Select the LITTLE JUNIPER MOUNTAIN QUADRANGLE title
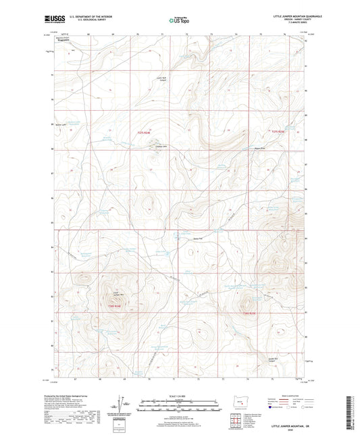pyautogui.click(x=283, y=16)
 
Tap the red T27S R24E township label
pyautogui.click(x=140, y=132)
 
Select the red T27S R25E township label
pyautogui.click(x=278, y=132)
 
